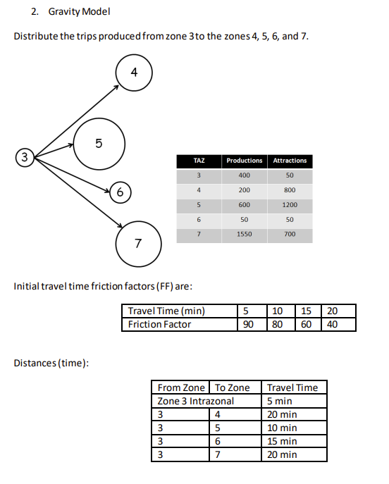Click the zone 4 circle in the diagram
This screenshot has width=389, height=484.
coord(134,73)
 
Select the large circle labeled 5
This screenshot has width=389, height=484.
coord(99,144)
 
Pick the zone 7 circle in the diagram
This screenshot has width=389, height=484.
coord(138,244)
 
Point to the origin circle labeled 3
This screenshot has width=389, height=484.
coord(25,156)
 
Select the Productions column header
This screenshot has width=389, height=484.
coord(244,161)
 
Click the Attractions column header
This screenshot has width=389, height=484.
coord(290,161)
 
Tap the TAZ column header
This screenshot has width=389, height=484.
coord(199,161)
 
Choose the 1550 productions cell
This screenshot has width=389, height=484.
coord(244,235)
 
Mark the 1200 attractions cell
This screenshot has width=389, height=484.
coord(290,205)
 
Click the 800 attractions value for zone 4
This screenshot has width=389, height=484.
coord(290,190)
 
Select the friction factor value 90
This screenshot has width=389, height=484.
coord(248,324)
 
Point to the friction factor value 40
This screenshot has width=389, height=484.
coord(332,324)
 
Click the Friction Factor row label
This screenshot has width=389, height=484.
coord(159,324)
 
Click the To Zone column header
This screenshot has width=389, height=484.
coord(232,387)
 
